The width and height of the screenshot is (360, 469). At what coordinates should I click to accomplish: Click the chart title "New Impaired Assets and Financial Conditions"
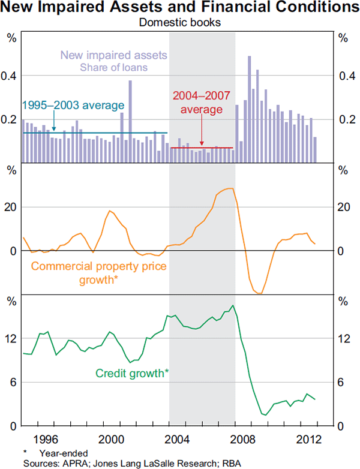point(180,8)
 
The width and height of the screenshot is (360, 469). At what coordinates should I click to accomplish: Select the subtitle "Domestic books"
point(180,23)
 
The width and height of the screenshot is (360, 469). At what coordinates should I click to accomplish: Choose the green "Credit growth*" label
point(132,373)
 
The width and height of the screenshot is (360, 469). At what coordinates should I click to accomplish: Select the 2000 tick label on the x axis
point(109,438)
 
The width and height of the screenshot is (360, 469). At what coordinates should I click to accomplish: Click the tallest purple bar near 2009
point(249,108)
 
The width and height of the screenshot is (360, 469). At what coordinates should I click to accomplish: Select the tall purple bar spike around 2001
point(130,120)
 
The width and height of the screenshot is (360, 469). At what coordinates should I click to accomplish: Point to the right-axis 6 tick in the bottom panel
point(344,383)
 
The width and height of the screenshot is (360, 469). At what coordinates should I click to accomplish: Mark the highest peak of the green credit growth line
point(232,306)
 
